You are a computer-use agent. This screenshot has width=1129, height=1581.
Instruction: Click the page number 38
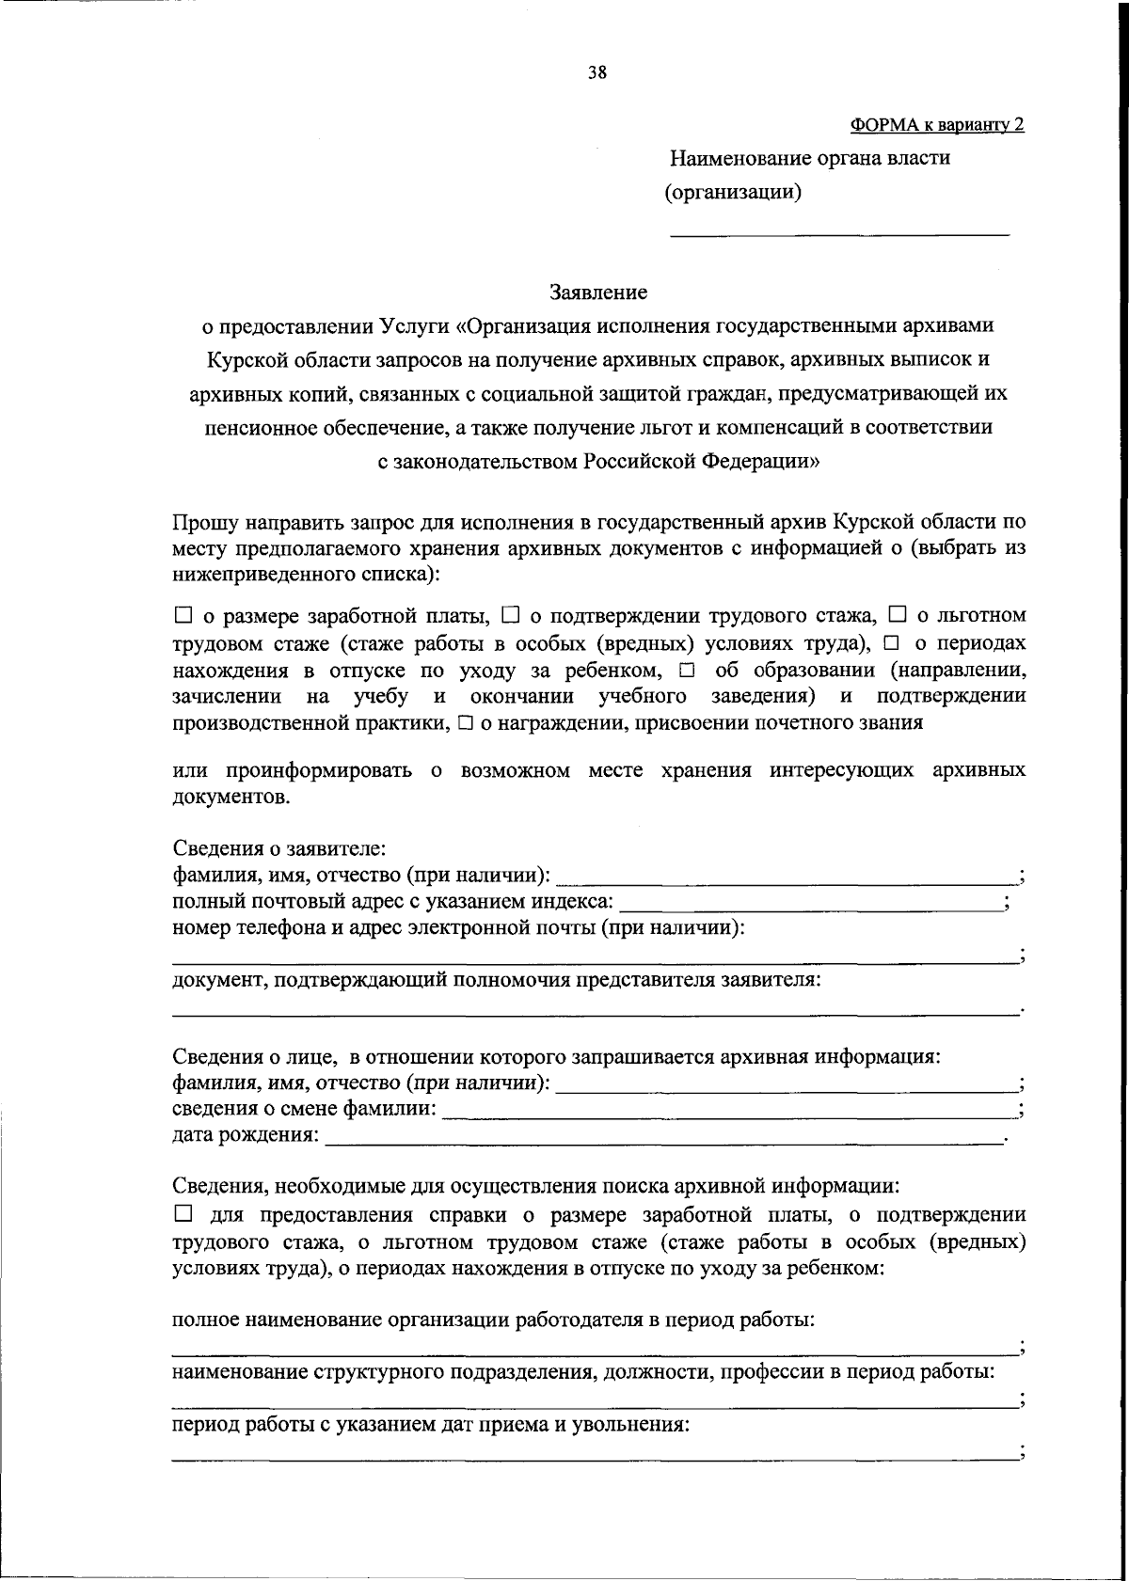(x=597, y=73)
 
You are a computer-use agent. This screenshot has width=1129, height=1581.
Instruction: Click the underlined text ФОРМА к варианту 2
(x=937, y=124)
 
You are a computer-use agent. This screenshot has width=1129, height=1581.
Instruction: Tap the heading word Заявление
(x=598, y=292)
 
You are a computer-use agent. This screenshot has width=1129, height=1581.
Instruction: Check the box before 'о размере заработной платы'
(x=183, y=616)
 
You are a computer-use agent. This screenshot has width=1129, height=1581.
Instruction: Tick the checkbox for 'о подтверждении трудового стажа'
(x=510, y=616)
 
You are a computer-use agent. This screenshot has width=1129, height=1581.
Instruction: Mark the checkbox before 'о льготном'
(x=897, y=616)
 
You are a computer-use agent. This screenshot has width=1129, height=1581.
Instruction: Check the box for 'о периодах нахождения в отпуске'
(x=890, y=643)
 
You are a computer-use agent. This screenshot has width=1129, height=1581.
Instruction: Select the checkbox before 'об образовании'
(x=685, y=671)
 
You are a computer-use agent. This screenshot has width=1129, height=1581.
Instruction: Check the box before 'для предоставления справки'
(x=183, y=1214)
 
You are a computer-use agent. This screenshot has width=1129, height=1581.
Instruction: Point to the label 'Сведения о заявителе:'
(x=278, y=848)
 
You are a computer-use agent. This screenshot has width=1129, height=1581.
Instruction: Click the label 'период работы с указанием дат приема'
(x=431, y=1424)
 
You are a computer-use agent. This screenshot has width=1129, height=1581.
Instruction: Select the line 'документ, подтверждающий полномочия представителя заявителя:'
(x=497, y=980)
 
